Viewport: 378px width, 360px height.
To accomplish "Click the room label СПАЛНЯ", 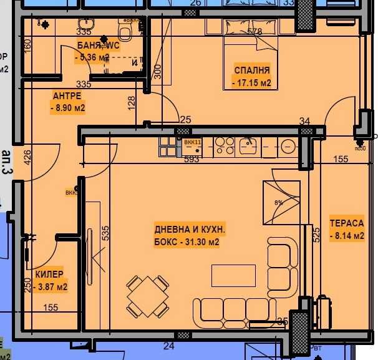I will coord(252,70).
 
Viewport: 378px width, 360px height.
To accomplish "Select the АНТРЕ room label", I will coord(65,95).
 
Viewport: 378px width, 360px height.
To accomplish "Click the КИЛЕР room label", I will coord(49,275).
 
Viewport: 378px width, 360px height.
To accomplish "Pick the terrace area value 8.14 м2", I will coord(346,235).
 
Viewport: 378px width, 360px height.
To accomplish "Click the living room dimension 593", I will coord(192,158).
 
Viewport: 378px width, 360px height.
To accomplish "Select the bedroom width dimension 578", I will coord(254,31).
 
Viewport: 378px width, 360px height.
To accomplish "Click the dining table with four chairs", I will coord(148,295).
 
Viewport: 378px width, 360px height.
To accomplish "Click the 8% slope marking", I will coord(279,202).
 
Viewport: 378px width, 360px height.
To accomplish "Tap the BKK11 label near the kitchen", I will coord(192,142).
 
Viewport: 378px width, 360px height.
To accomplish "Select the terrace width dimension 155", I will coord(341,159).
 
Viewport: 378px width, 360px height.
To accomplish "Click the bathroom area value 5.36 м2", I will coord(92,58).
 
